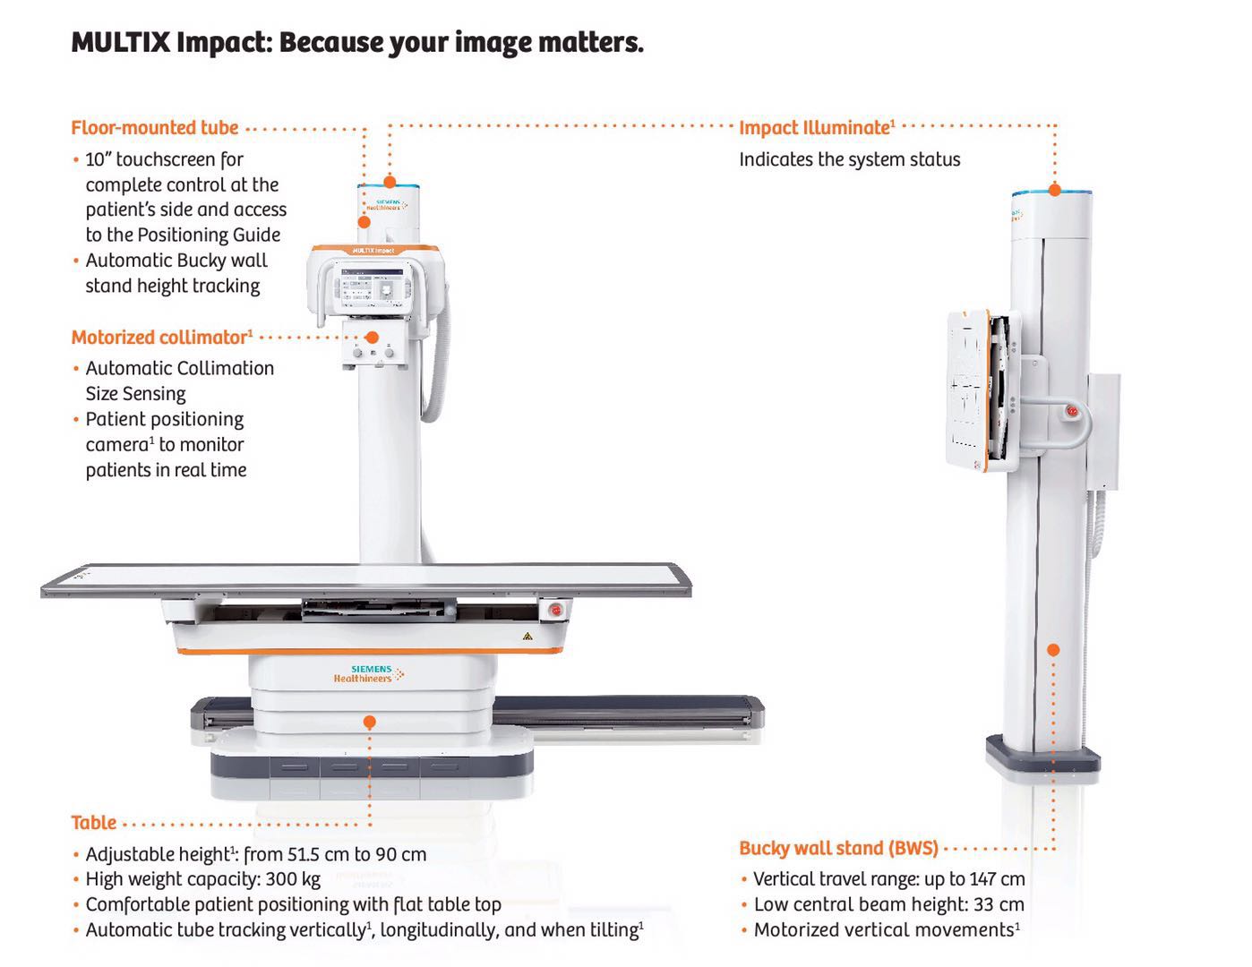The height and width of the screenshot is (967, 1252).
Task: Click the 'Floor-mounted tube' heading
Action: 154,127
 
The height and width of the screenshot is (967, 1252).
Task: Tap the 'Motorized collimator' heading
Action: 162,337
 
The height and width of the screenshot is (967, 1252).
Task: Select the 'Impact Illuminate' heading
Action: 817,127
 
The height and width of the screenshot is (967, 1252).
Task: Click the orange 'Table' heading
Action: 93,823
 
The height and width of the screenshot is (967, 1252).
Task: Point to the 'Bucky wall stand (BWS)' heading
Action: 839,848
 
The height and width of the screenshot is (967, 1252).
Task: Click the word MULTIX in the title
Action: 120,42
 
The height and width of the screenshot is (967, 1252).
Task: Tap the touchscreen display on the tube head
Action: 373,288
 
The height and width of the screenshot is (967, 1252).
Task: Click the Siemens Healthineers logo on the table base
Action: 369,674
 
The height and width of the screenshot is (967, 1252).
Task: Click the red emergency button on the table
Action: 556,610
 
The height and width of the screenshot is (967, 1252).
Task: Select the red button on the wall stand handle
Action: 1072,411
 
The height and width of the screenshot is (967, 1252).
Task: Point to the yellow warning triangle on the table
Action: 527,637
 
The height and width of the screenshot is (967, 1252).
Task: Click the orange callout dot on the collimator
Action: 373,338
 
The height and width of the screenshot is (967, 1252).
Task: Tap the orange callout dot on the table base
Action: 370,722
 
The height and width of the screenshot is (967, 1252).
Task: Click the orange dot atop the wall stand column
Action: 1055,190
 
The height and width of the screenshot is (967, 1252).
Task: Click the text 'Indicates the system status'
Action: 850,159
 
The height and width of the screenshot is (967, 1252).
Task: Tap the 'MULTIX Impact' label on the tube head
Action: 373,251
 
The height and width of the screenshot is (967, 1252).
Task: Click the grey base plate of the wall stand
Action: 1042,756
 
